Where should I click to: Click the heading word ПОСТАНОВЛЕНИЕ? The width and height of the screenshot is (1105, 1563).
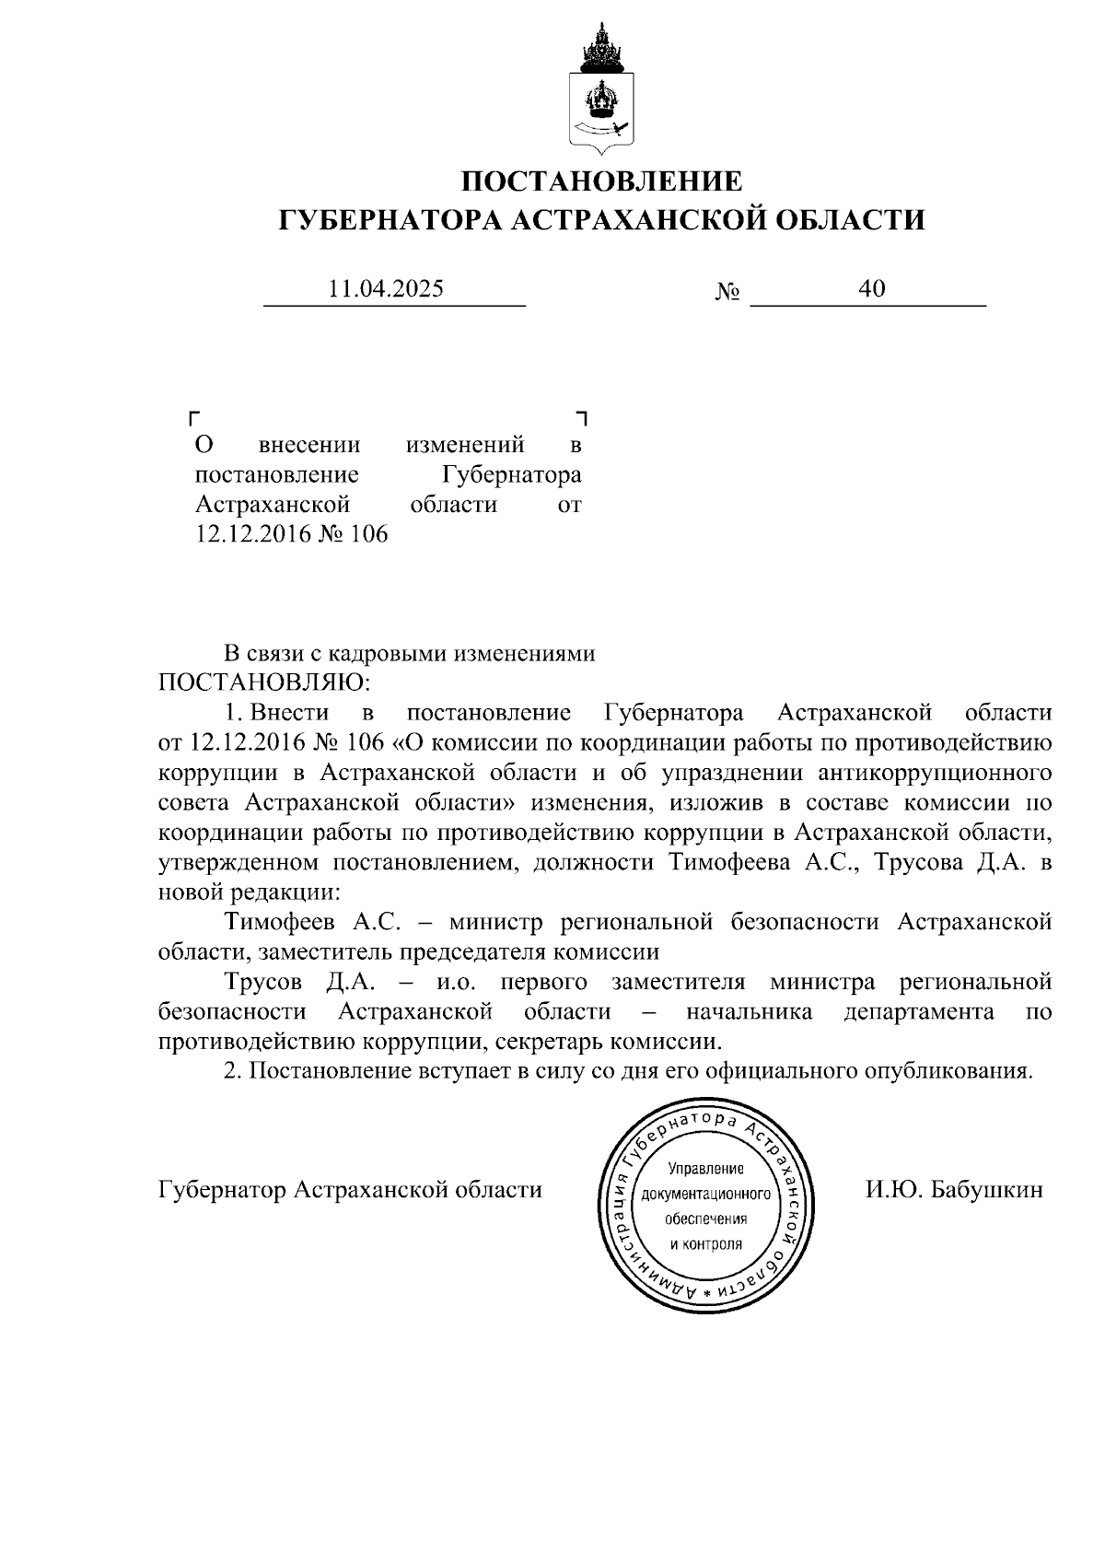tap(600, 181)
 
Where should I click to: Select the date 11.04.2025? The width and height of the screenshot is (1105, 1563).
tap(386, 288)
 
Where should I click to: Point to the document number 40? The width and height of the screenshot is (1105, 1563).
tap(871, 288)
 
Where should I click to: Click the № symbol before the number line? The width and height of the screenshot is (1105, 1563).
tap(727, 293)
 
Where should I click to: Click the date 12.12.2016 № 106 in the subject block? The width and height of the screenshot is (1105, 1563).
tap(291, 534)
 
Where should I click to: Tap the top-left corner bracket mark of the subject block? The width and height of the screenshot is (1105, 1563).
tap(193, 416)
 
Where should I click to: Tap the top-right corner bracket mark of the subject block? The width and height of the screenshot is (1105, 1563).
tap(582, 416)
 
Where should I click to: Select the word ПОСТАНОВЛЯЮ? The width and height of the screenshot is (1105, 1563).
tap(264, 683)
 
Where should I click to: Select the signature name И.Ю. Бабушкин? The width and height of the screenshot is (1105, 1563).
tap(953, 1190)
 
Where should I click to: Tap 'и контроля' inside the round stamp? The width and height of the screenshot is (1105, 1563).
tap(705, 1244)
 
